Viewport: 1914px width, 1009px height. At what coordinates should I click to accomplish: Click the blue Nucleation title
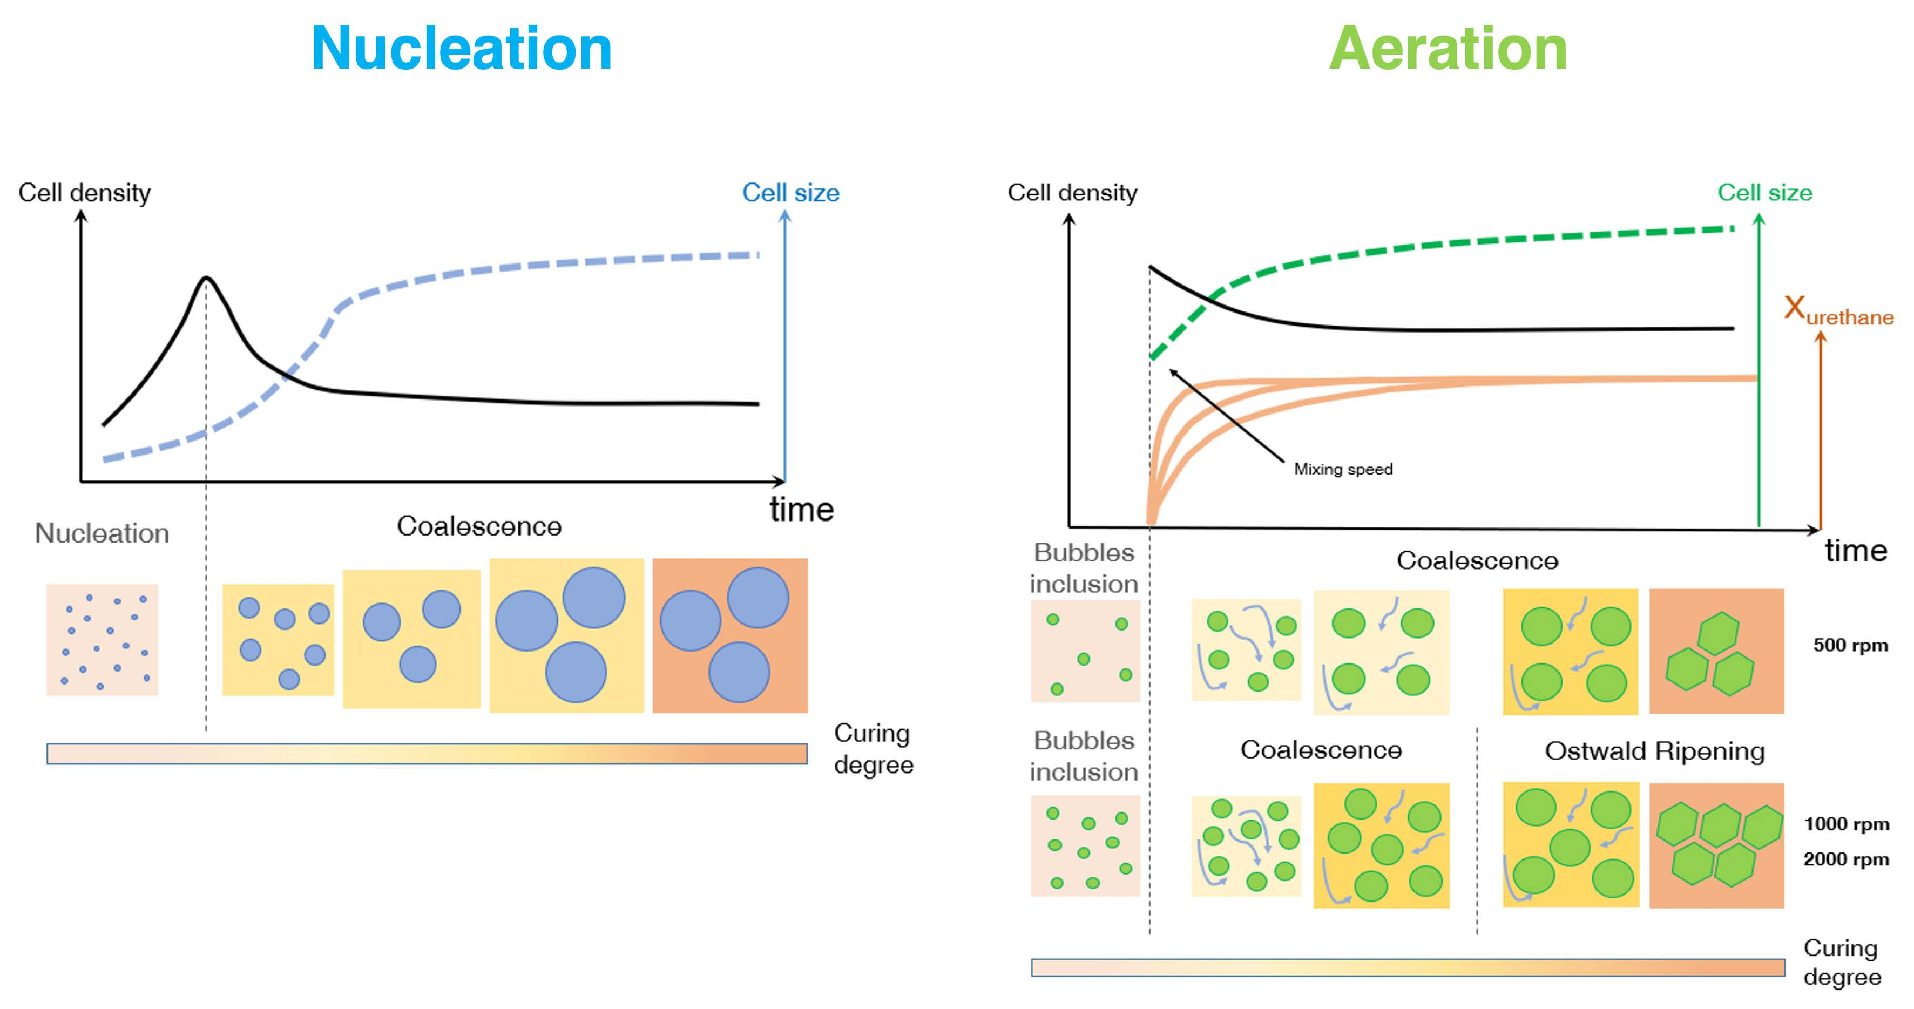(462, 49)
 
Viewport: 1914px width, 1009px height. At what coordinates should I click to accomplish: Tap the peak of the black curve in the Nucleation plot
(207, 279)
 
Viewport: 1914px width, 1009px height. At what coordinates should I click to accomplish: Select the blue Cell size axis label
(790, 193)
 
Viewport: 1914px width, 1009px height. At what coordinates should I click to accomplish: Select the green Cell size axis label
(1764, 193)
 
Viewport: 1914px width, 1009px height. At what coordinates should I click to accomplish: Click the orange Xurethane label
(1838, 310)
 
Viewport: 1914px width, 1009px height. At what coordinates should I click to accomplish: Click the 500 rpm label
(1850, 645)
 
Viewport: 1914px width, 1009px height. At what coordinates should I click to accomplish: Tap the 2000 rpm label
(1845, 859)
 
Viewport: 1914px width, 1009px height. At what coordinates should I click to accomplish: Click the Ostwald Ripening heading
(1655, 751)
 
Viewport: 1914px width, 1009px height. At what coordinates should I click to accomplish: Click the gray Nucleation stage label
(102, 533)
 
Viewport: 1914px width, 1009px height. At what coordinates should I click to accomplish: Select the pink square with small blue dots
(103, 640)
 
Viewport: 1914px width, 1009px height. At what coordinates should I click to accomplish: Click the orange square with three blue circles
(729, 636)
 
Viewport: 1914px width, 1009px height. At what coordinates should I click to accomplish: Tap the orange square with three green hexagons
(1716, 652)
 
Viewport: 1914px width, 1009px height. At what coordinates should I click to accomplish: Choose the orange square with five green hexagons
(1716, 845)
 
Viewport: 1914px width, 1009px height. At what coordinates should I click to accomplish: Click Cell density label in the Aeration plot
(1072, 193)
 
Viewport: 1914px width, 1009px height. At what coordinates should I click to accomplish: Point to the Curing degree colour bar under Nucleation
(427, 754)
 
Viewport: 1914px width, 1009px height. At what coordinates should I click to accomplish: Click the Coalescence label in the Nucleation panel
(479, 527)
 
